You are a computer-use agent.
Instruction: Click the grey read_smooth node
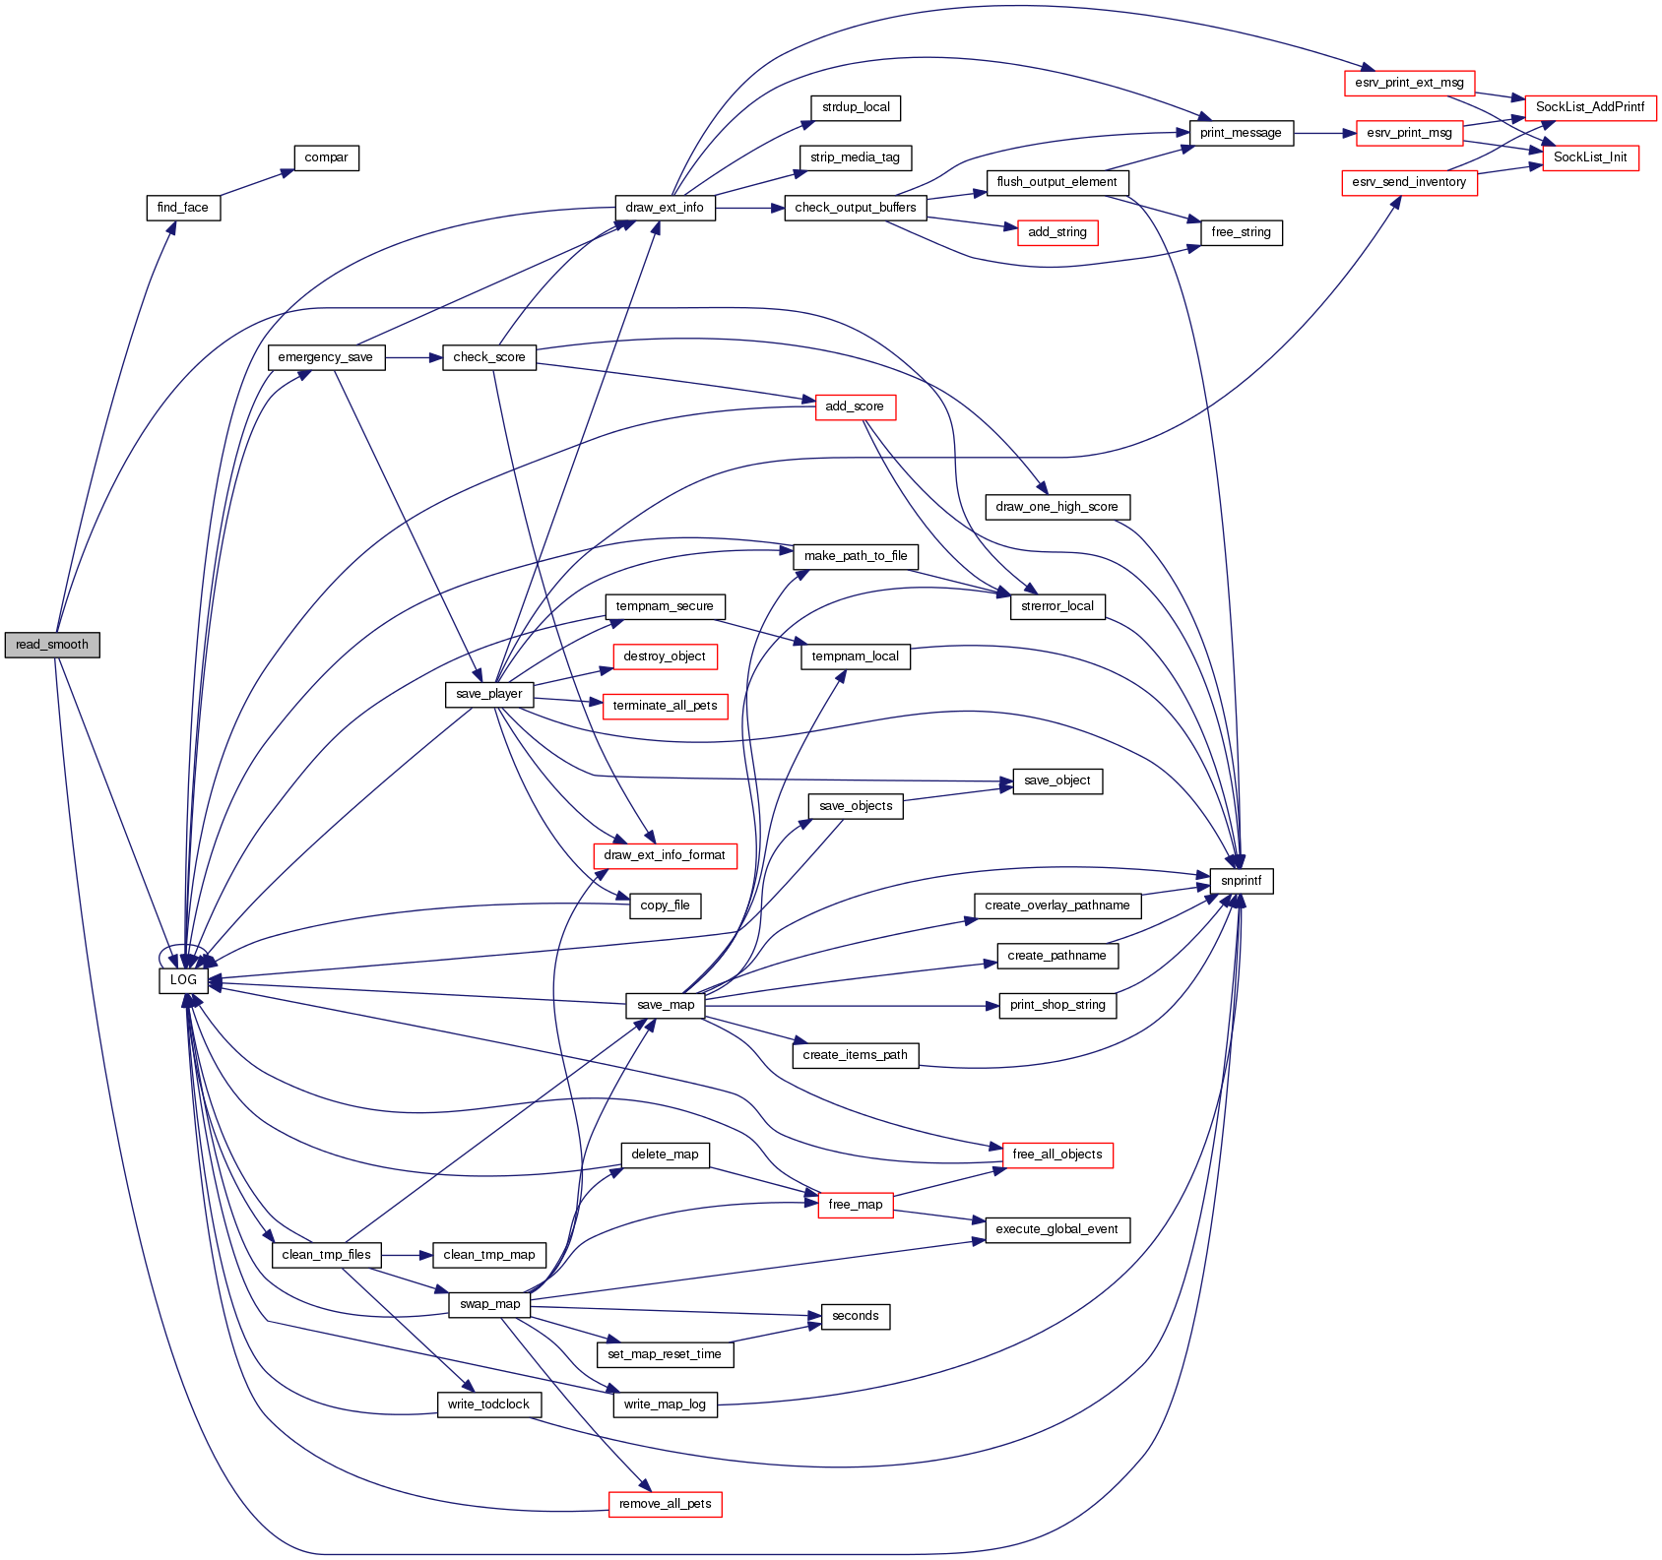point(52,645)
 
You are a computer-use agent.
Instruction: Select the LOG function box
point(183,980)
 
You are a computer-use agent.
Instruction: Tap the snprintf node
point(1241,881)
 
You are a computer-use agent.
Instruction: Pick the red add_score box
point(855,406)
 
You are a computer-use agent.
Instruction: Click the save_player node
point(489,694)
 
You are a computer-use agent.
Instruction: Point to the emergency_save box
point(325,357)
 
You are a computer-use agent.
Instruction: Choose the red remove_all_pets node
point(665,1504)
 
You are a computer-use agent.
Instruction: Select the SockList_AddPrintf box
point(1589,107)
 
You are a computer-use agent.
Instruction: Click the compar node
point(326,157)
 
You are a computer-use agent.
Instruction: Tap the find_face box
point(183,208)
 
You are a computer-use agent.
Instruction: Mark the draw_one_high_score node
point(1056,507)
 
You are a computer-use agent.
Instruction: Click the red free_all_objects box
point(1056,1154)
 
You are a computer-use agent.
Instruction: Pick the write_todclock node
point(488,1404)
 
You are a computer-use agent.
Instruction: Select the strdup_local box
point(856,107)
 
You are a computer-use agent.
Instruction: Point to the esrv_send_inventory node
point(1409,182)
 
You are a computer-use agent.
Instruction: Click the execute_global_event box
point(1056,1229)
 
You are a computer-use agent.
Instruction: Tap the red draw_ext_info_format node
point(665,855)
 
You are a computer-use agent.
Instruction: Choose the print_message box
point(1241,133)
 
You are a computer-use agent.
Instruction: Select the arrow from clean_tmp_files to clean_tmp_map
point(407,1255)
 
